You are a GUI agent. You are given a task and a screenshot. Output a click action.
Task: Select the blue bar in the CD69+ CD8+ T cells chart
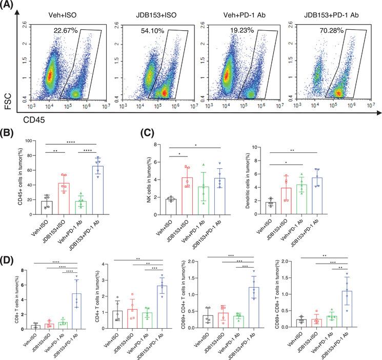point(350,309)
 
